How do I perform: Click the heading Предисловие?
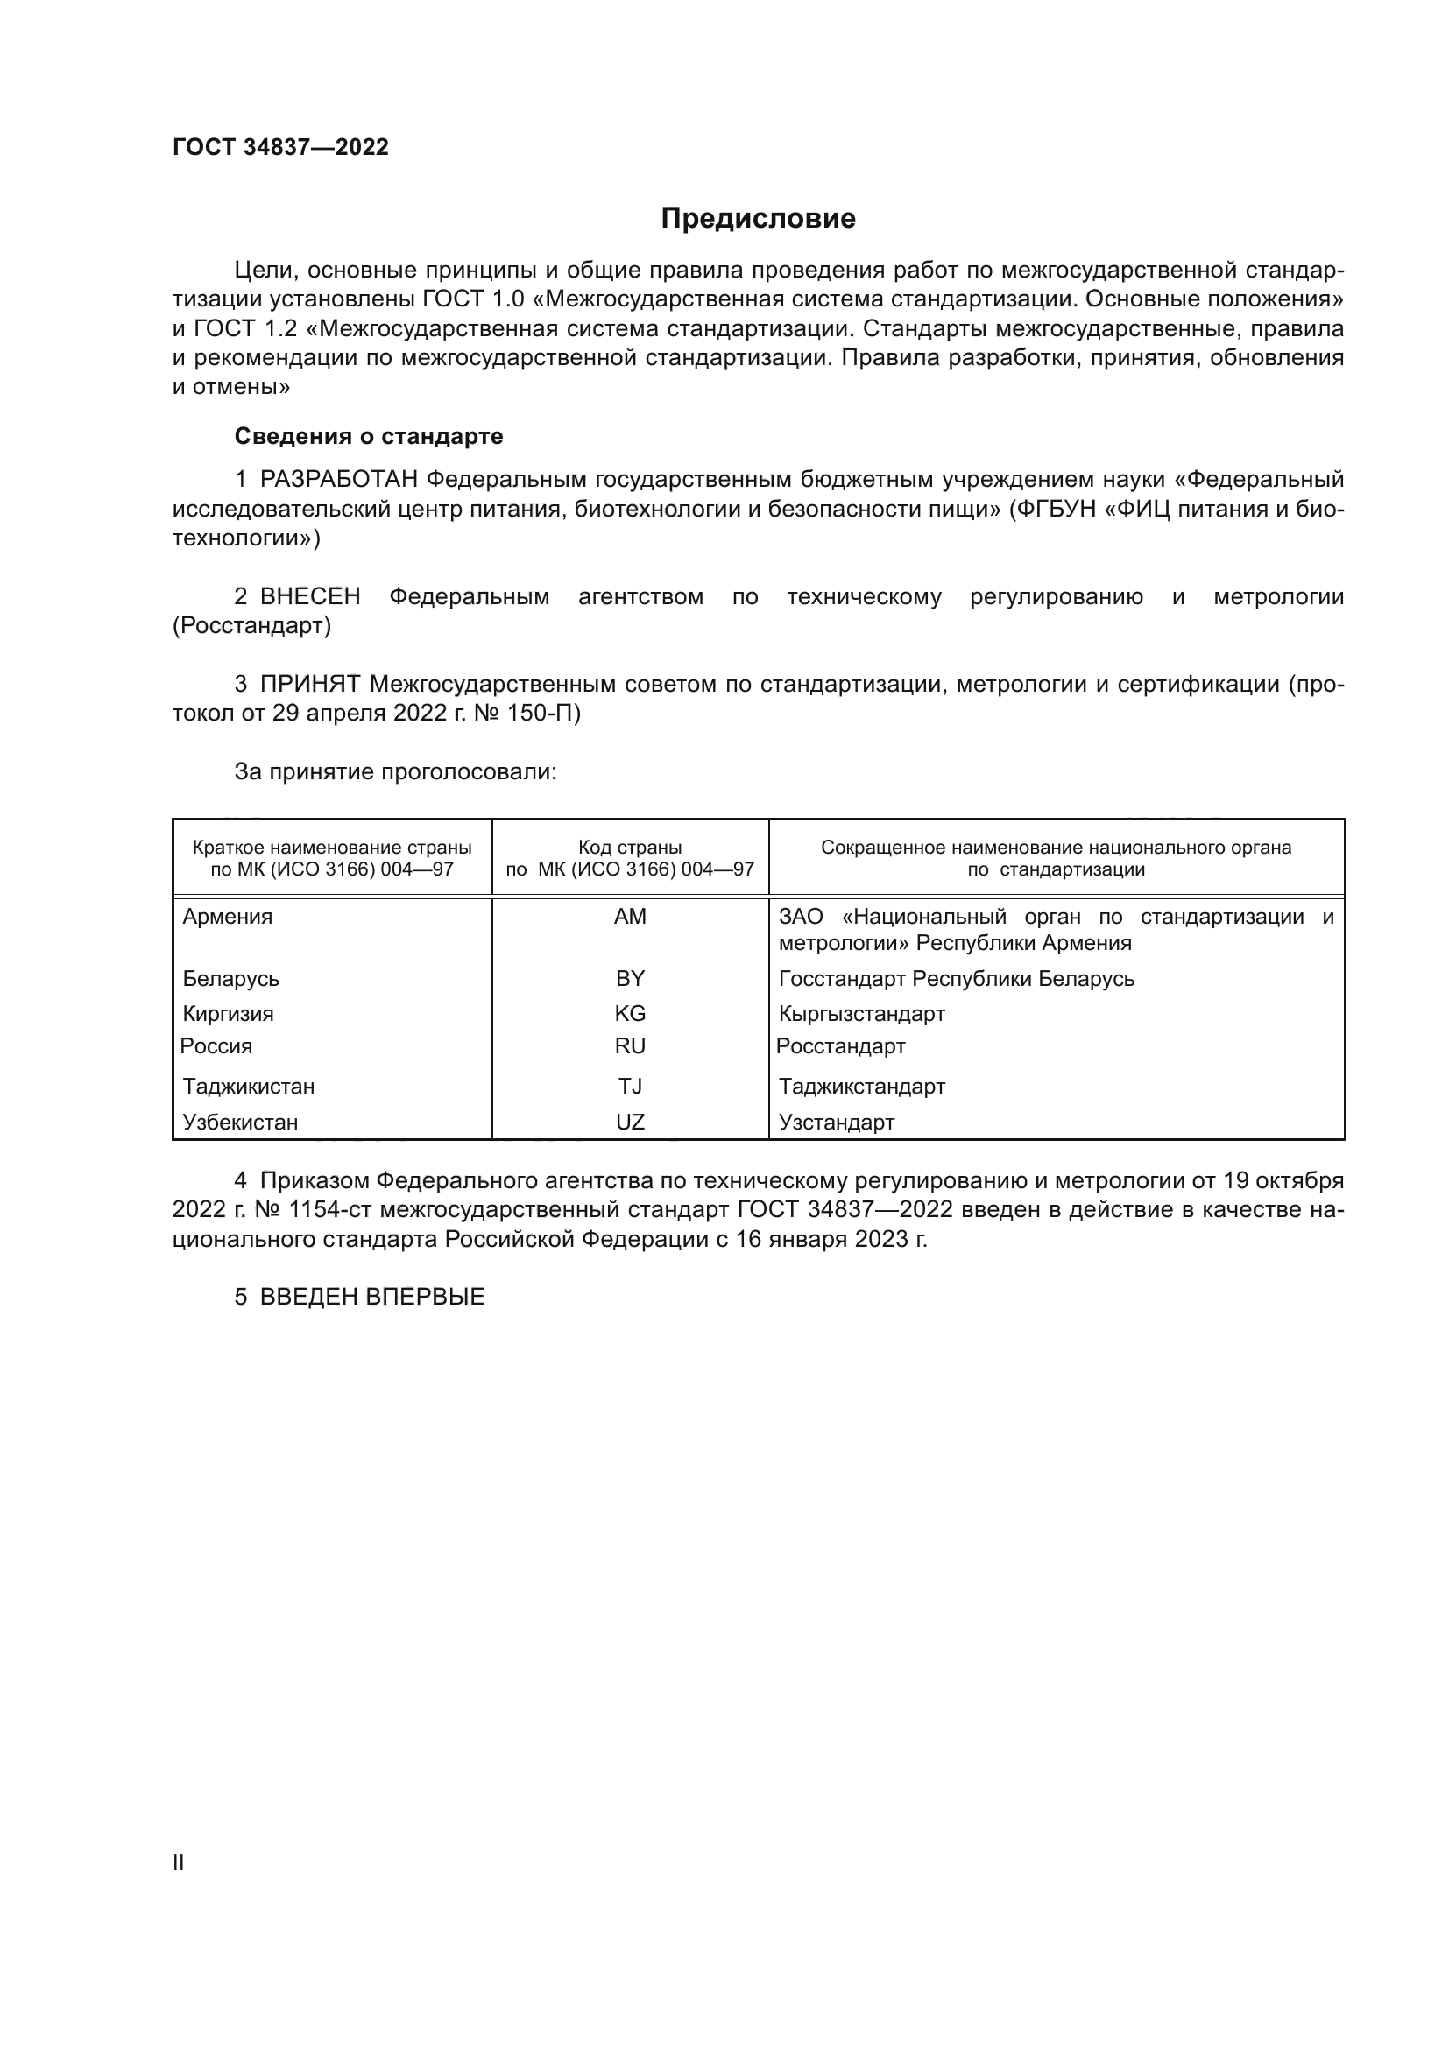[758, 219]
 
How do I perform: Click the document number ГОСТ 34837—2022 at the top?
[280, 147]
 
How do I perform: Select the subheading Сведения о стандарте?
[369, 436]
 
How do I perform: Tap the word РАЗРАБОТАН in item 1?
[338, 480]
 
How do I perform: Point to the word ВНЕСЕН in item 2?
[309, 597]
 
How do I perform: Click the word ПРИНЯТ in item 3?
[309, 684]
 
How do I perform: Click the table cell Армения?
[228, 917]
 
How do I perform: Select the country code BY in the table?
[630, 979]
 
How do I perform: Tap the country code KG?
[630, 1013]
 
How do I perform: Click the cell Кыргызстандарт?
[861, 1014]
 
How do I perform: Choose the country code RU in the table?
[630, 1045]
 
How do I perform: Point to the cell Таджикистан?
[248, 1087]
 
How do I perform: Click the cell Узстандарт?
[836, 1123]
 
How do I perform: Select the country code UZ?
[630, 1123]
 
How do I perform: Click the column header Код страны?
[630, 848]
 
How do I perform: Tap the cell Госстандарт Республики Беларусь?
[956, 979]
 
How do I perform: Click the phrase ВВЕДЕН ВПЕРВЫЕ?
[371, 1297]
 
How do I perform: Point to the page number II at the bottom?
[179, 1863]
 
